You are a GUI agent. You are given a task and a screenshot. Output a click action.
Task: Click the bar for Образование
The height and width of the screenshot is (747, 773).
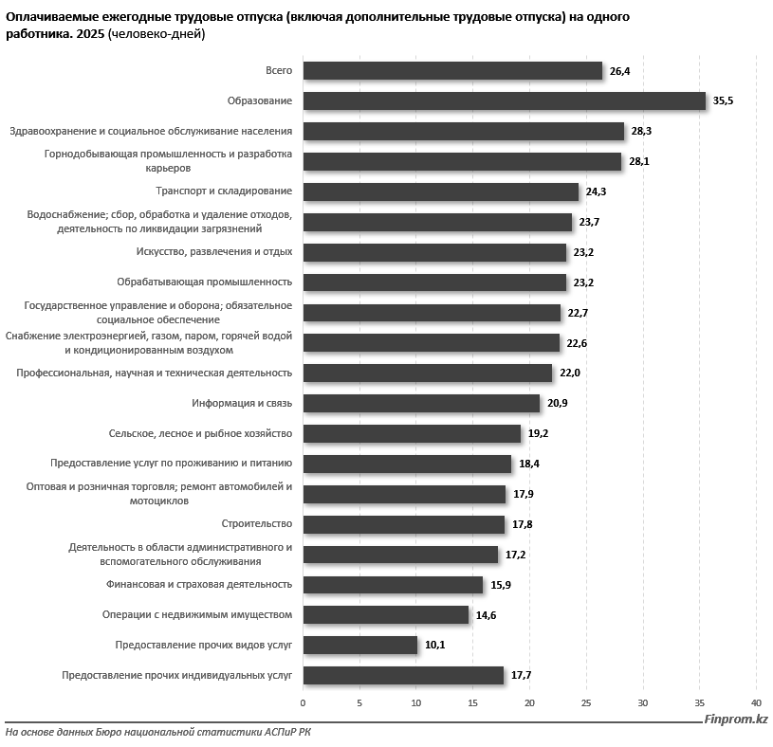(x=505, y=101)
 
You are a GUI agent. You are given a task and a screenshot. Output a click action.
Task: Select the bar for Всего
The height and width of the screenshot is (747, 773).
(x=452, y=70)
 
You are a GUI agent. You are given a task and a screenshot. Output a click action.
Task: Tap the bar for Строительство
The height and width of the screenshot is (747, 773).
(x=404, y=525)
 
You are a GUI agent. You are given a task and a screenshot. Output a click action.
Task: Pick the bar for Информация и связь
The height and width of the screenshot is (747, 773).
(x=421, y=404)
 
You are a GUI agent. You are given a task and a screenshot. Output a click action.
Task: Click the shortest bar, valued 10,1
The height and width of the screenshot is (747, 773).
(x=360, y=646)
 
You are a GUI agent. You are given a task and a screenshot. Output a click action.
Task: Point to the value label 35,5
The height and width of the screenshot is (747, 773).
(x=723, y=101)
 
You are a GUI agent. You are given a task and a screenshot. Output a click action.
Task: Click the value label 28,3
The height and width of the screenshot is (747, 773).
(x=641, y=131)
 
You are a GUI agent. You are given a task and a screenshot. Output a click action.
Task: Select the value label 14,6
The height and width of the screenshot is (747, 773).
(x=486, y=615)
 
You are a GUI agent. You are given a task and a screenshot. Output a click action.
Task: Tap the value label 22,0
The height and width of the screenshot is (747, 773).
(x=569, y=373)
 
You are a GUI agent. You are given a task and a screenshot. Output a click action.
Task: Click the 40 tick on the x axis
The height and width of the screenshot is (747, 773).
(x=756, y=703)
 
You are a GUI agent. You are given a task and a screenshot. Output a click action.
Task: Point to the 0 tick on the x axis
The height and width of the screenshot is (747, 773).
(x=303, y=703)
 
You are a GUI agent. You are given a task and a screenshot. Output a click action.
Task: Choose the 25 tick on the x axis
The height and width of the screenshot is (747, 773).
(x=586, y=703)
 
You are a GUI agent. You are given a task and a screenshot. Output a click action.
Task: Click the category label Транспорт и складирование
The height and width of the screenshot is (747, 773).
(x=224, y=191)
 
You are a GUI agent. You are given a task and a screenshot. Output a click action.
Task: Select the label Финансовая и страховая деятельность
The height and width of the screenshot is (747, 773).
(x=199, y=585)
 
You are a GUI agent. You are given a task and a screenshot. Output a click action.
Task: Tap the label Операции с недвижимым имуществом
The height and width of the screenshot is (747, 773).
(x=197, y=615)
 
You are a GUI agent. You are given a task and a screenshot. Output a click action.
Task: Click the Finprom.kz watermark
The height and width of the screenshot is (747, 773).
(x=735, y=720)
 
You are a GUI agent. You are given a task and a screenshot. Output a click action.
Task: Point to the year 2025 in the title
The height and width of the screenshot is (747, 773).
(x=90, y=34)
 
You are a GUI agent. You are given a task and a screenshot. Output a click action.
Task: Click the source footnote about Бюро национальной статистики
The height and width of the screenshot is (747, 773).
(x=158, y=732)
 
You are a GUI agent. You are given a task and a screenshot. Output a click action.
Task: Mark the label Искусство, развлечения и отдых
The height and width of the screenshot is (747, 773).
(x=214, y=252)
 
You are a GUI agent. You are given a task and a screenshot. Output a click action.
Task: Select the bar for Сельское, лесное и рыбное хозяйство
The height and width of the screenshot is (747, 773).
(x=413, y=434)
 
